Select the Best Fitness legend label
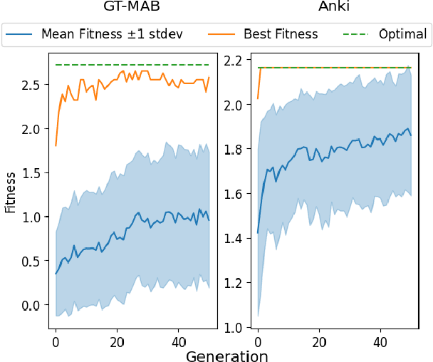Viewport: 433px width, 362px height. [281, 33]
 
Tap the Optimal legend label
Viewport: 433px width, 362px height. [403, 33]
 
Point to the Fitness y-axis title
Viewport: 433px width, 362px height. [9, 192]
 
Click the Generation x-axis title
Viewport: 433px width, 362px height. [226, 356]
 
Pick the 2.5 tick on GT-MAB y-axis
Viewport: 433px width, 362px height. [31, 85]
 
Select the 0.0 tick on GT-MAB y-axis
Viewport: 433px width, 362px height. [31, 306]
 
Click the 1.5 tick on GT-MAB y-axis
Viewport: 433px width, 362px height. [31, 173]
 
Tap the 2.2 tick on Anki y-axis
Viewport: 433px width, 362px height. [234, 60]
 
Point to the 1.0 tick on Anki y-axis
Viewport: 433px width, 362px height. [234, 328]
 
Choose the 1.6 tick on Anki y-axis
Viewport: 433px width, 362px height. [234, 194]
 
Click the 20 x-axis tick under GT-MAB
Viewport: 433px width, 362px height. [117, 342]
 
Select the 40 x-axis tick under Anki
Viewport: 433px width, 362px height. [380, 342]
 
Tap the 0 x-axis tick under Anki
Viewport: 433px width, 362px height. [258, 342]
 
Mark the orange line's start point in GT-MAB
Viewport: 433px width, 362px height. [56, 145]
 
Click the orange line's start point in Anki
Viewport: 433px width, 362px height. [258, 98]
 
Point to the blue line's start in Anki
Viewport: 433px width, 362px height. [258, 233]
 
